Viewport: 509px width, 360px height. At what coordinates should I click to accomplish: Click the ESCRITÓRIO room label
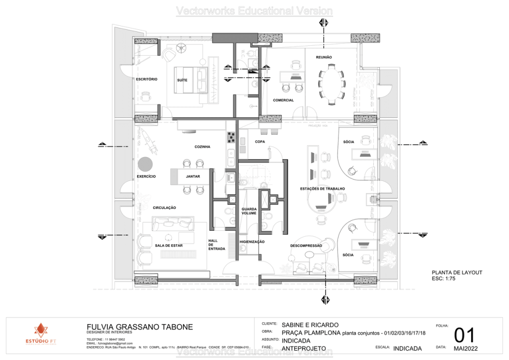[x=147, y=79]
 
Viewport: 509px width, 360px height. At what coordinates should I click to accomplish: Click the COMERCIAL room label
[x=283, y=100]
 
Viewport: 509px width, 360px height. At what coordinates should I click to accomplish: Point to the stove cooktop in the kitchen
[x=231, y=137]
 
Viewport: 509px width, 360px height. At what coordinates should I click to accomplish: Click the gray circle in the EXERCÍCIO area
[x=145, y=163]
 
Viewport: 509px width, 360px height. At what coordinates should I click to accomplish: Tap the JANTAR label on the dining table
[x=193, y=177]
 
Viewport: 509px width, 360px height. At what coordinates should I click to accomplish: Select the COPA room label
[x=260, y=142]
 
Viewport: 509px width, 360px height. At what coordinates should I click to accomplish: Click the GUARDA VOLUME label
[x=249, y=211]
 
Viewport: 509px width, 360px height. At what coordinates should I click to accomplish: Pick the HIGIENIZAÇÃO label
[x=252, y=242]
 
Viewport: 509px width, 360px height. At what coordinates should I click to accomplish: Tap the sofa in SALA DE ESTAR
[x=172, y=224]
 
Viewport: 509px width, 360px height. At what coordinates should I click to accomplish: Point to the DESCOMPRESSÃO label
[x=306, y=246]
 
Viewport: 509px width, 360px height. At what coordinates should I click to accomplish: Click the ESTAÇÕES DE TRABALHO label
[x=322, y=189]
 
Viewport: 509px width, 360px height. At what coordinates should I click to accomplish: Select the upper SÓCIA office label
[x=348, y=142]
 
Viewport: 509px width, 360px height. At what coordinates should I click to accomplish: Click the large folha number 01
[x=464, y=336]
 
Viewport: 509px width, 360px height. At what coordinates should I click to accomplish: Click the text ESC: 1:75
[x=443, y=279]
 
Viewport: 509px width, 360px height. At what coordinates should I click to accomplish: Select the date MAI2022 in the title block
[x=463, y=348]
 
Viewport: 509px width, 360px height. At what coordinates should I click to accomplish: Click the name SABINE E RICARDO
[x=310, y=325]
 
